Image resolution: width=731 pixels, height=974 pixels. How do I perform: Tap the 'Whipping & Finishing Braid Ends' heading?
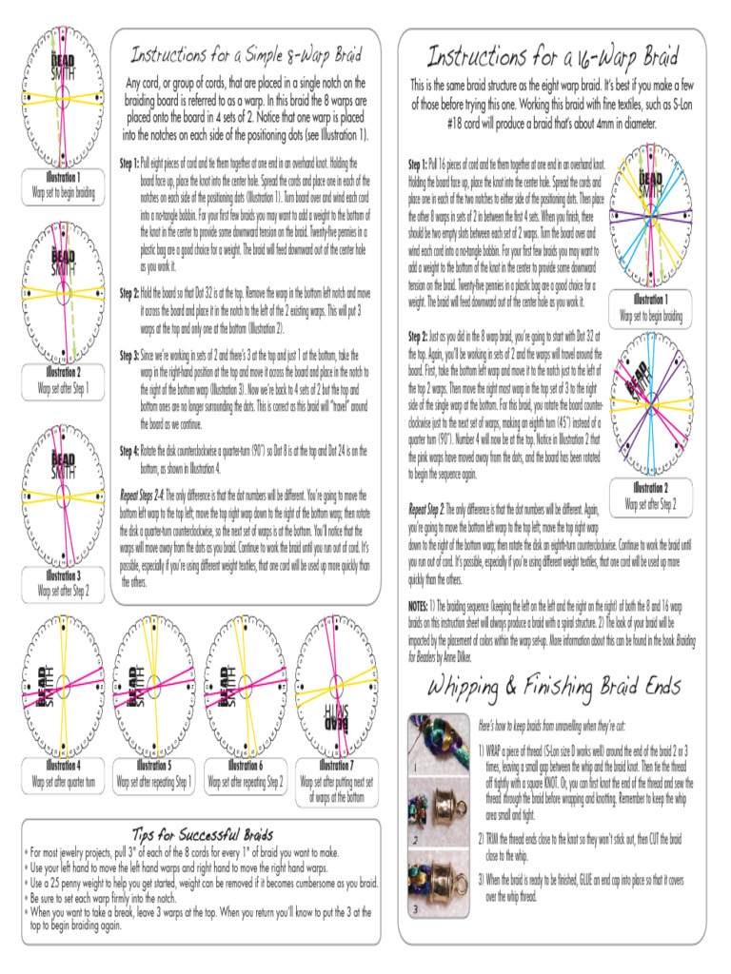coord(555,686)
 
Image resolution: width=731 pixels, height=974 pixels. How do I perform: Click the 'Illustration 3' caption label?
coord(63,576)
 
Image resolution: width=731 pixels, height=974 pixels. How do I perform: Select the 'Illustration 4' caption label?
coord(63,765)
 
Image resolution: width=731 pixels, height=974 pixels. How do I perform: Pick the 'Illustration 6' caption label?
coord(245,765)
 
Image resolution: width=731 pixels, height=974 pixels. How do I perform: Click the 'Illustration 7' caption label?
coord(335,765)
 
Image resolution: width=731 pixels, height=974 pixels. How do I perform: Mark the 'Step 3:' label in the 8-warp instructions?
coord(130,355)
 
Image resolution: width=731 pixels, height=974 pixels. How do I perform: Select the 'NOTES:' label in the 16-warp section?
coord(420,605)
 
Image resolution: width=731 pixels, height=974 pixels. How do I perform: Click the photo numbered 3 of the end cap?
coord(438,886)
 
